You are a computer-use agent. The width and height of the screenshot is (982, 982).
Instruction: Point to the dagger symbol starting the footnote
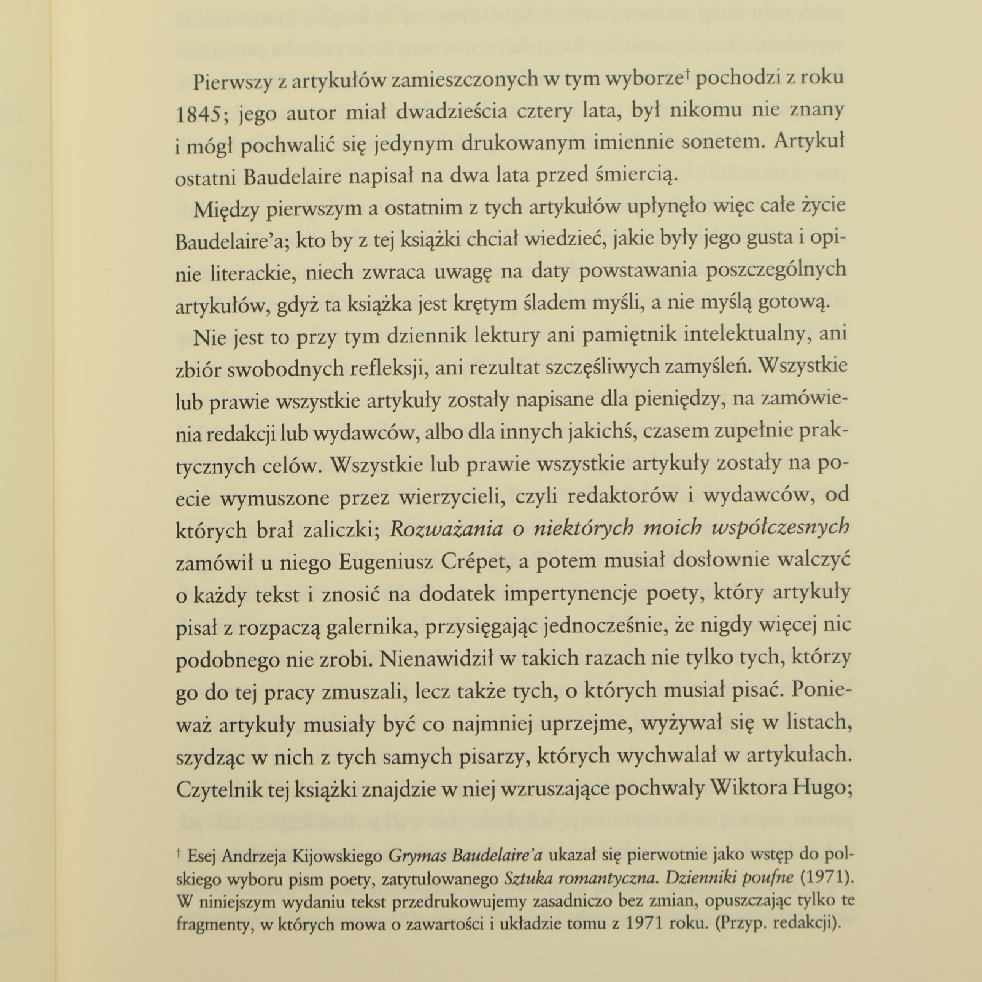tap(179, 852)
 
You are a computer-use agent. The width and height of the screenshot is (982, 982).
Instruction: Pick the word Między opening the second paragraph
tap(225, 209)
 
